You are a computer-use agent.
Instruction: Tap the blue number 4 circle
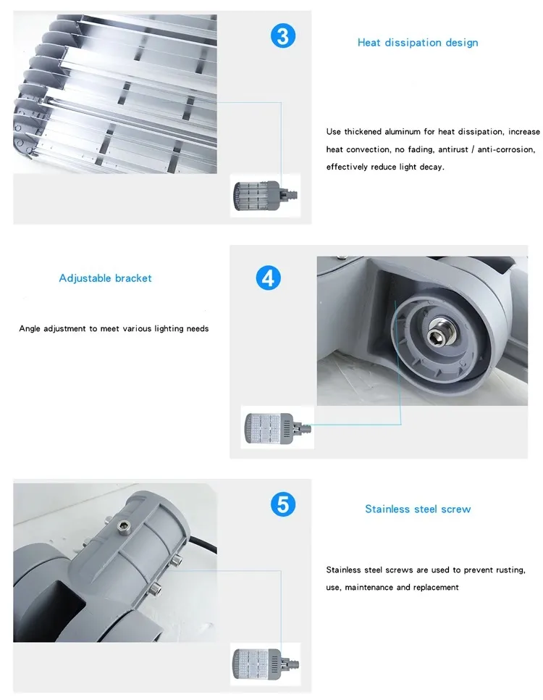tap(269, 278)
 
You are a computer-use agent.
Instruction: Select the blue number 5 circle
tap(283, 504)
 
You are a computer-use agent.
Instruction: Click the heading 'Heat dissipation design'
tap(418, 43)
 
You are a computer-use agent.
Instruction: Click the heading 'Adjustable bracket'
tap(106, 278)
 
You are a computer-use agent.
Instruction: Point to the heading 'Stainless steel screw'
tap(418, 509)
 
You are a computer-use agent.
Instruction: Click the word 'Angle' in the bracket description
tap(30, 329)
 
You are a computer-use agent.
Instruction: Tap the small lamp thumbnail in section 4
tap(271, 427)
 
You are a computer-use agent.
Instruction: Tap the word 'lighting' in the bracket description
tap(169, 329)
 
